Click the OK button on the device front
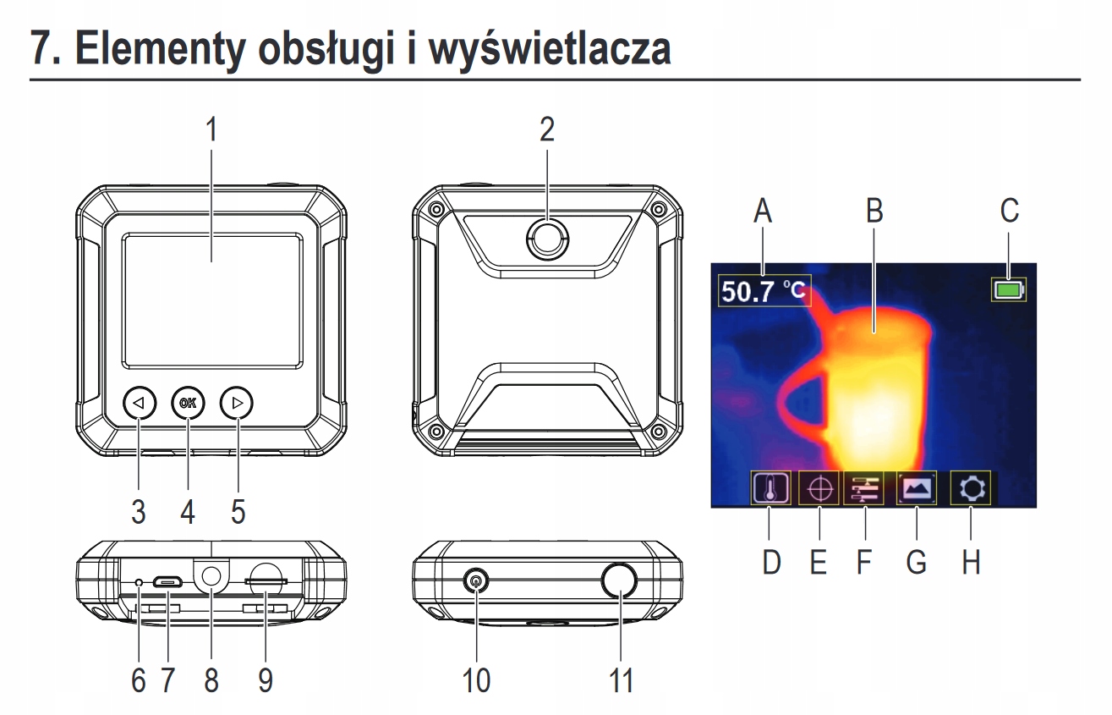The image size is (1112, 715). click(x=188, y=404)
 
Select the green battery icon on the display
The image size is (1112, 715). click(x=1009, y=291)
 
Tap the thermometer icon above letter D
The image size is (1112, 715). click(x=770, y=489)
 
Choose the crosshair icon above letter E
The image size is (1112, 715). click(x=818, y=489)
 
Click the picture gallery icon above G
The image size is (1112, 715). click(x=916, y=489)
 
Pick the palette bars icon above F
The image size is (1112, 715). click(x=863, y=489)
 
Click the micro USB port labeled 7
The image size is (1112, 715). click(x=168, y=582)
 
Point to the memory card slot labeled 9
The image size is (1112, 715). click(x=266, y=582)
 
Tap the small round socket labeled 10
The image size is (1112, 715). click(x=479, y=582)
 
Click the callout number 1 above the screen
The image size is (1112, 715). click(x=211, y=131)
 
